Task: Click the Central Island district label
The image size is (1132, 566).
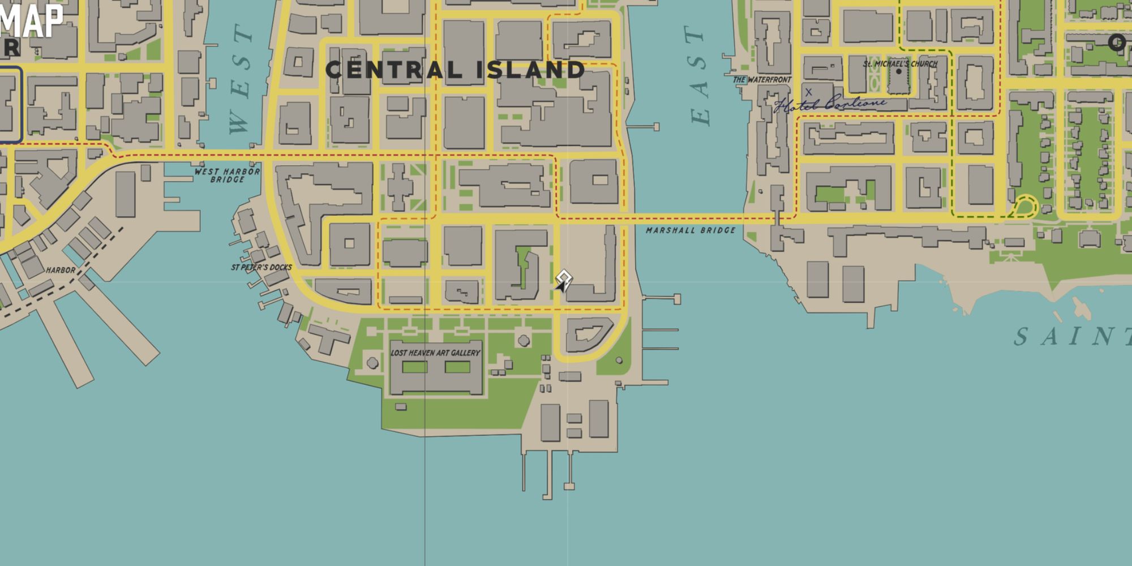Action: click(x=454, y=70)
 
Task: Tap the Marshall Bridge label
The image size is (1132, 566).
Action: click(x=691, y=230)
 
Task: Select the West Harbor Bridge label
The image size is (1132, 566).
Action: click(x=227, y=175)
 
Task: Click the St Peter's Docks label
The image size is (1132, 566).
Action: click(x=261, y=267)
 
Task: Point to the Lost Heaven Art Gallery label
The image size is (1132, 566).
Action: click(x=435, y=353)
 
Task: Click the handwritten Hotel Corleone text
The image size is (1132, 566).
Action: click(x=830, y=104)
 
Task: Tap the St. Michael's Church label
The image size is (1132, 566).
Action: click(x=900, y=64)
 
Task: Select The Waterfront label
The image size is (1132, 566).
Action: click(x=762, y=80)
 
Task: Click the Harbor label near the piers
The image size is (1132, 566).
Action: click(x=61, y=270)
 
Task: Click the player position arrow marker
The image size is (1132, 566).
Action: click(x=562, y=281)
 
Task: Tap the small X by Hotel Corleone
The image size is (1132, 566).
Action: click(x=808, y=92)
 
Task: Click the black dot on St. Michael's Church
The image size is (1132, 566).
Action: click(x=898, y=72)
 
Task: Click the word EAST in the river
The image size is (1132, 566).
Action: click(x=700, y=75)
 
